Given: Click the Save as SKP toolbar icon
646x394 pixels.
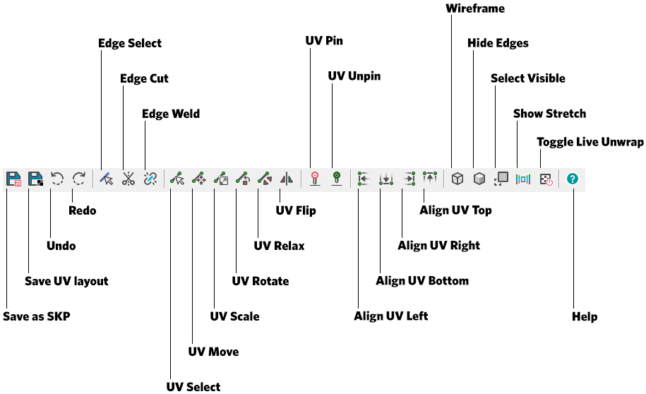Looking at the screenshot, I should click(x=13, y=179).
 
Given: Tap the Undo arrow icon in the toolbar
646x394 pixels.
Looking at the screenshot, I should click(x=57, y=179).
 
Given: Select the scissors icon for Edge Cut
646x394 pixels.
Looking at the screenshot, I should click(x=128, y=179).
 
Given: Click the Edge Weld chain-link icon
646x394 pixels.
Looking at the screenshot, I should click(x=150, y=179).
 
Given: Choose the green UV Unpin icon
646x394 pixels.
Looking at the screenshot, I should click(x=337, y=179).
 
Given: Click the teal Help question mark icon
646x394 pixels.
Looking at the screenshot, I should click(x=573, y=179).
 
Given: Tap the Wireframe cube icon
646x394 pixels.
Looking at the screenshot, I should click(x=457, y=179).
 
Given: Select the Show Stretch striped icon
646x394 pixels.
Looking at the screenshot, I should click(x=522, y=179).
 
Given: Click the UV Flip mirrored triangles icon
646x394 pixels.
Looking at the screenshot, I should click(x=286, y=179).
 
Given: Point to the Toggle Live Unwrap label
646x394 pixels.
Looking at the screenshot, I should click(x=590, y=142).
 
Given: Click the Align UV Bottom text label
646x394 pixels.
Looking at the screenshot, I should click(x=422, y=281).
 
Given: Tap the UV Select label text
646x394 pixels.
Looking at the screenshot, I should click(x=193, y=386).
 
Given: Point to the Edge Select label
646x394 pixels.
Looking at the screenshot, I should click(x=130, y=43).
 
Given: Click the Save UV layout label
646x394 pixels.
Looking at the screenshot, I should click(x=66, y=281).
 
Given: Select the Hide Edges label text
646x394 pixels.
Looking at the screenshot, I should click(x=498, y=43).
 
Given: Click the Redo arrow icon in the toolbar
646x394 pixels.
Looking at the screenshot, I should click(x=79, y=179).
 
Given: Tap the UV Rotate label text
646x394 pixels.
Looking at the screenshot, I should click(x=261, y=281).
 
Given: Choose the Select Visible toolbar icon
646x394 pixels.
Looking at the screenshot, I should click(x=501, y=179).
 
